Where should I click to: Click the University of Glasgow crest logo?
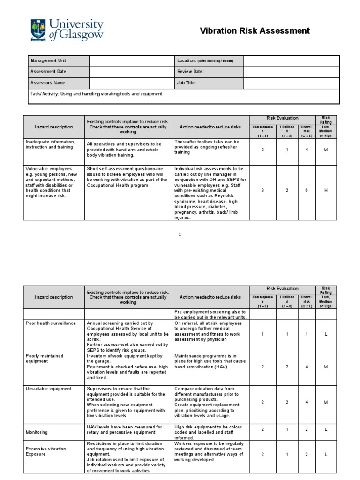point(38,30)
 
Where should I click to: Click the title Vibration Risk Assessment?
point(255,31)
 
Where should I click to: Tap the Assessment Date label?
point(49,72)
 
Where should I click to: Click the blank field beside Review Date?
point(291,72)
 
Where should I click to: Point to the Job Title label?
point(186,83)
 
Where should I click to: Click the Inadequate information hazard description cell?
point(50,144)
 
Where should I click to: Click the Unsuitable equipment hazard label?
point(49,389)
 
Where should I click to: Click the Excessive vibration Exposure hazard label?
point(46,451)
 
